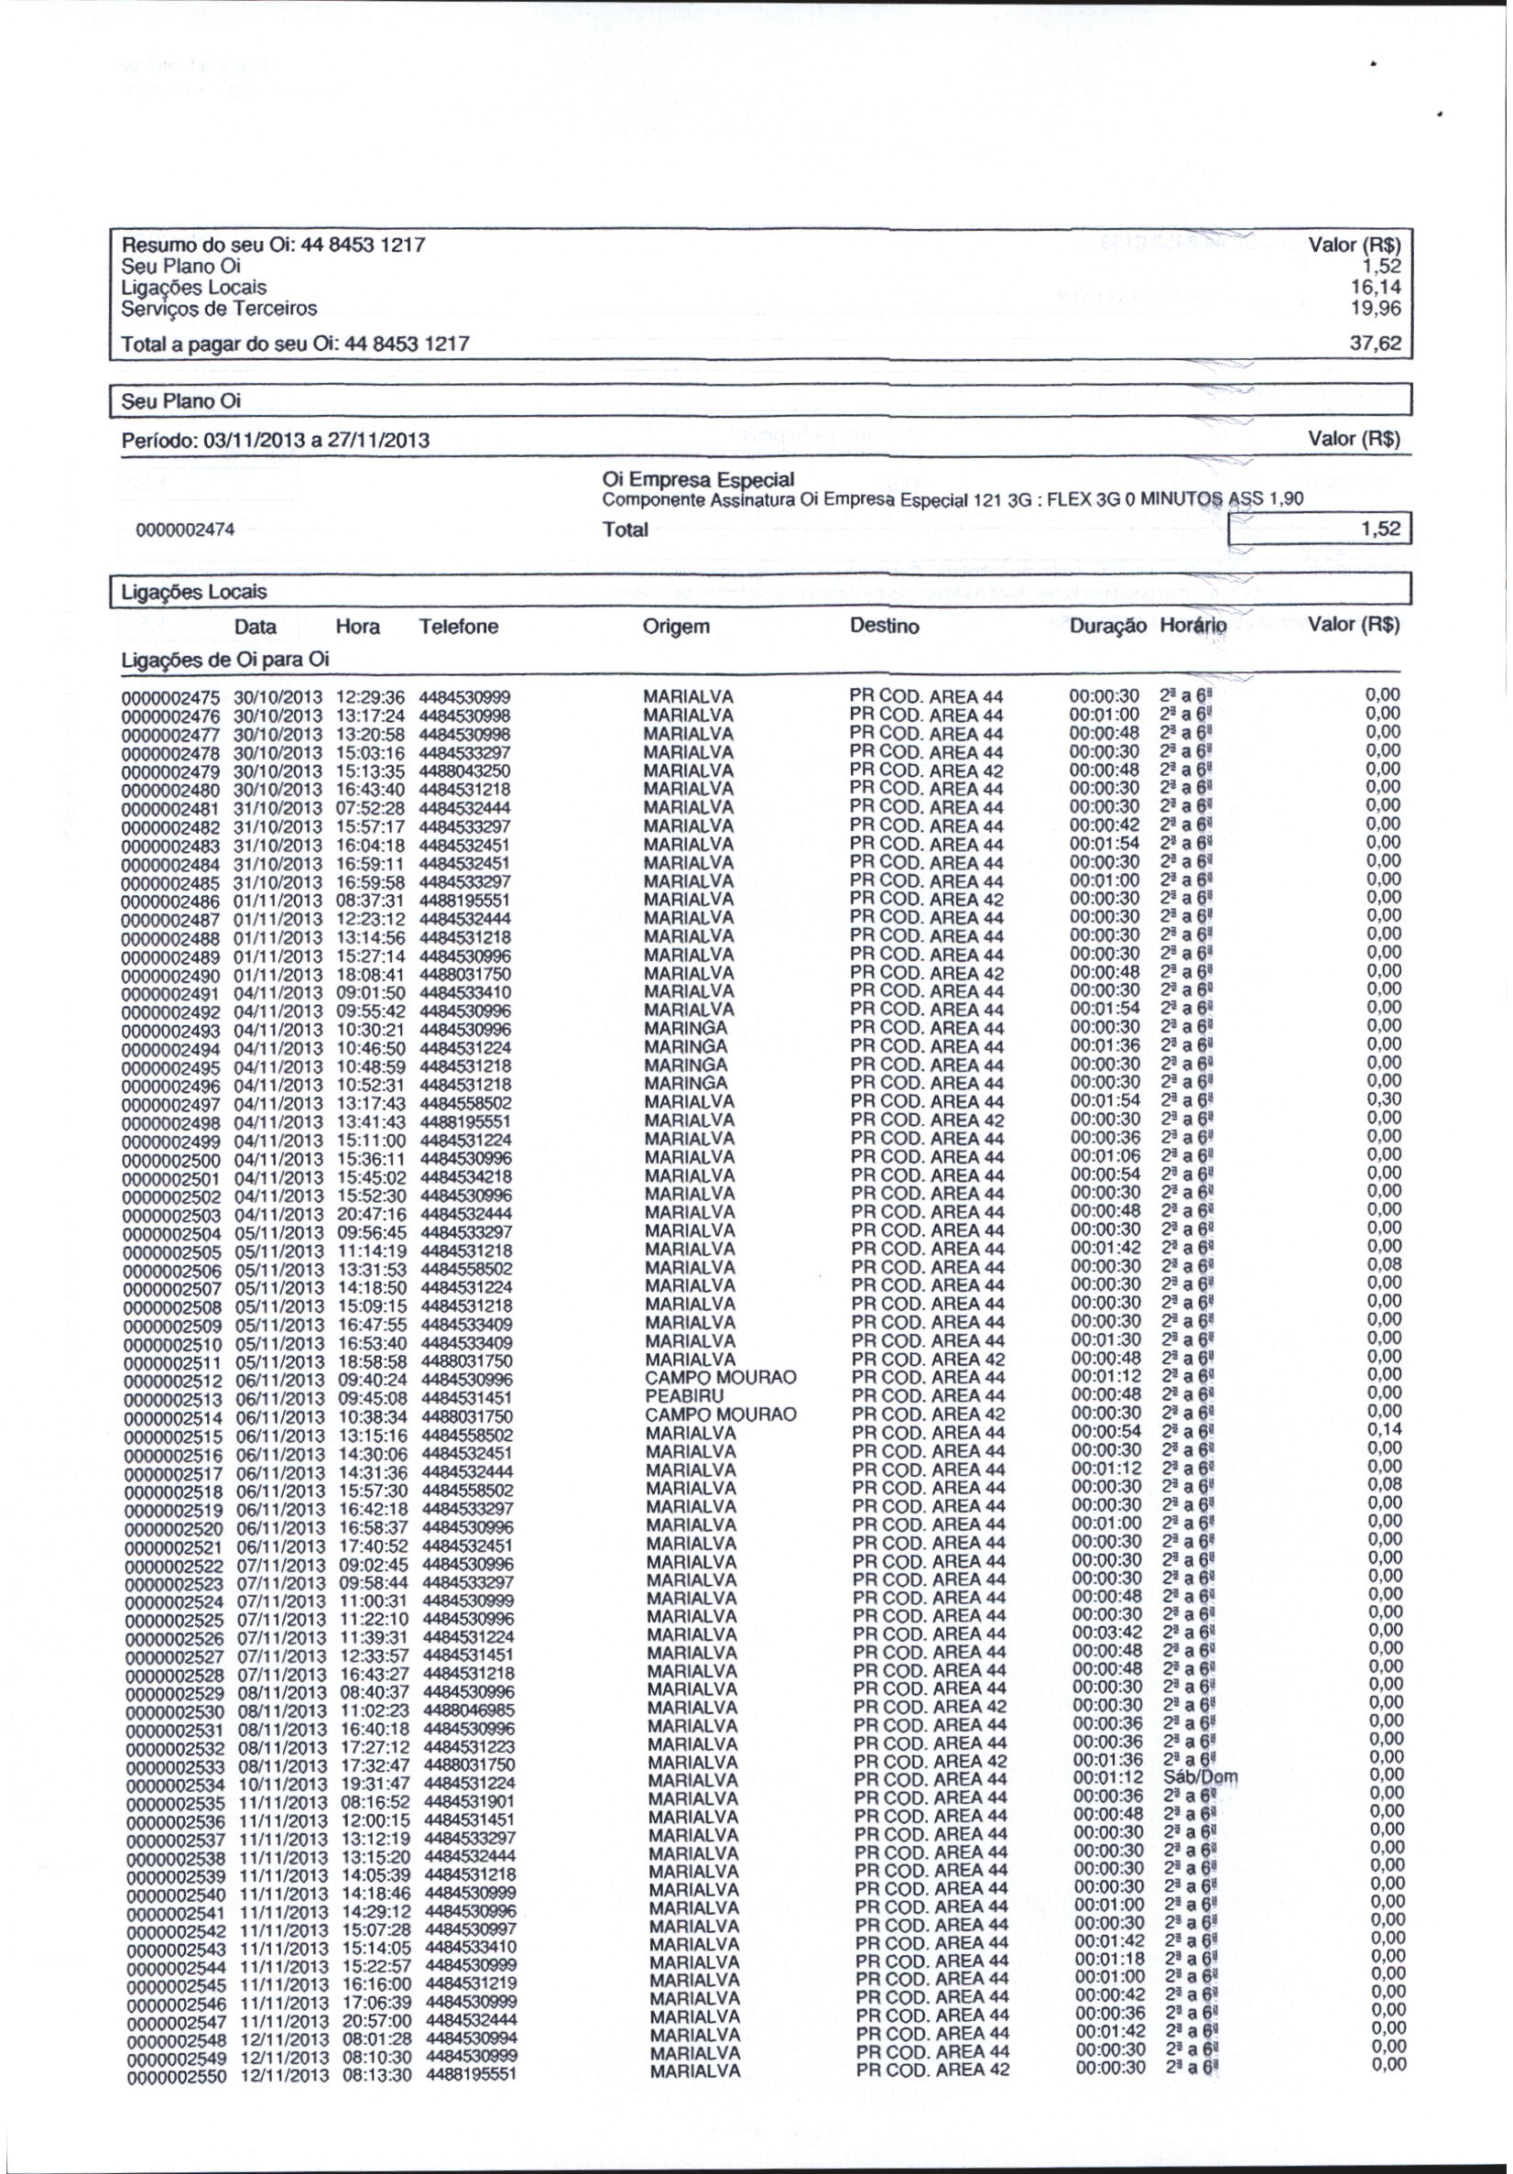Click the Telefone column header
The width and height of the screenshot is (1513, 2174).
458,627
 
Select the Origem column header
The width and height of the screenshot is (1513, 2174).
675,627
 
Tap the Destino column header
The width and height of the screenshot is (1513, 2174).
885,627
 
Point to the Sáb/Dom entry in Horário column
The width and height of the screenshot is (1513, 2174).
1201,1776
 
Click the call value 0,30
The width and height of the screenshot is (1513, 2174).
1383,1099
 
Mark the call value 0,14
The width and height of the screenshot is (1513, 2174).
1383,1429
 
